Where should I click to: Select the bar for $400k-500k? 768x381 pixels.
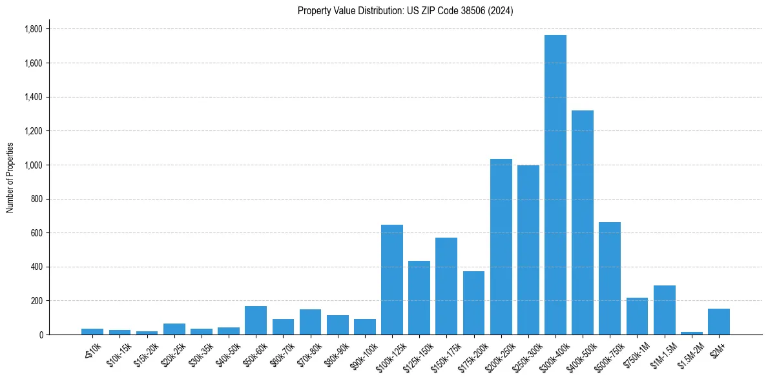coord(583,222)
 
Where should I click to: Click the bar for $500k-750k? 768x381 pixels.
coord(610,278)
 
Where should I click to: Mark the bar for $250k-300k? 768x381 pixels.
coord(528,250)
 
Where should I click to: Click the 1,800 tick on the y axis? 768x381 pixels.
coord(33,29)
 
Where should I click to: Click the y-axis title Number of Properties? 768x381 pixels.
coord(10,178)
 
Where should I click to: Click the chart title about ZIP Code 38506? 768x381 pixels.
coord(405,10)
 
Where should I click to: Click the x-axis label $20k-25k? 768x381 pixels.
coord(172,352)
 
